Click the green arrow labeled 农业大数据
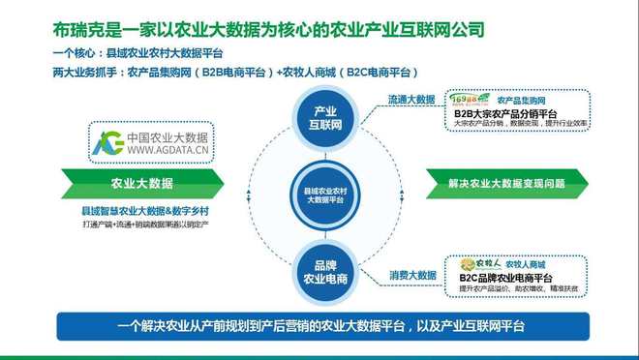click(142, 182)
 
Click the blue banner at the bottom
click(319, 325)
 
